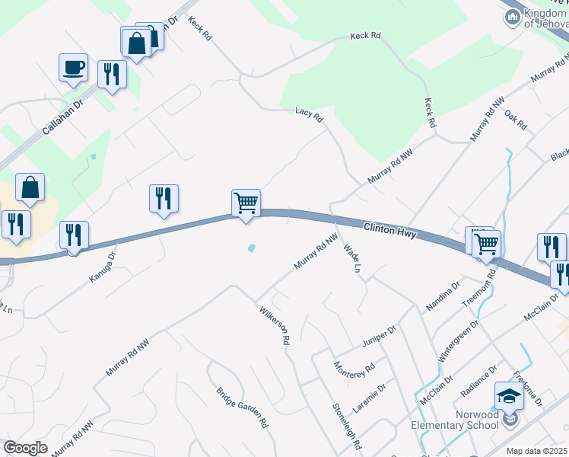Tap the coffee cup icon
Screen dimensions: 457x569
tap(73, 67)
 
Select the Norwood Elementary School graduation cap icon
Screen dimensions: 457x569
tap(509, 396)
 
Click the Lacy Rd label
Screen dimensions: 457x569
tap(309, 114)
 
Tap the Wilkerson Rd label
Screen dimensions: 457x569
tap(275, 326)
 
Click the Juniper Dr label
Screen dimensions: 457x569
tap(379, 336)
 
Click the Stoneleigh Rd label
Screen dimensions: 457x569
tap(345, 425)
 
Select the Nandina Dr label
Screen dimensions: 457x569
tap(443, 295)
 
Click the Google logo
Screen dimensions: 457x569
tap(25, 448)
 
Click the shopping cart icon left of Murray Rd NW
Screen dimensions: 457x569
tap(246, 203)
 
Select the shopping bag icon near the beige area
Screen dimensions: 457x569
tap(30, 187)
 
